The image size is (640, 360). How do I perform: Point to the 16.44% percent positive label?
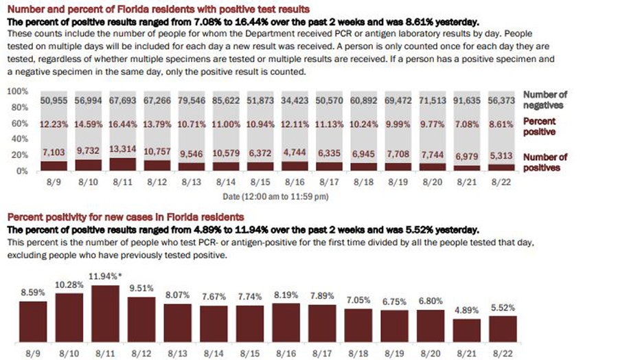point(124,125)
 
